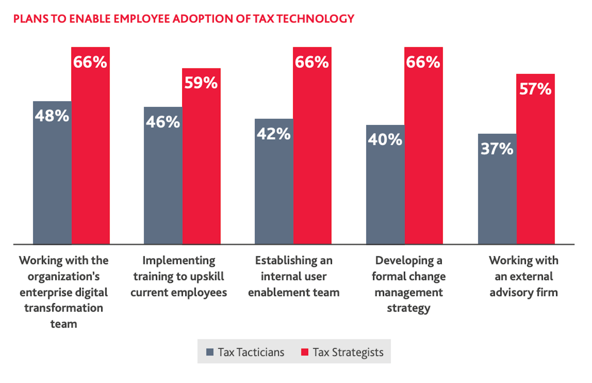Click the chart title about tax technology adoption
point(183,19)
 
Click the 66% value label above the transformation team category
point(90,62)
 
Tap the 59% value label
point(201,83)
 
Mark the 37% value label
point(497,149)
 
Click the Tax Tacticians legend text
point(251,353)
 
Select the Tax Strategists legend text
point(348,353)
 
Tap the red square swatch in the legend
point(305,352)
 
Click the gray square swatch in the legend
point(210,352)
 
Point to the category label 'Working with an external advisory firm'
point(523,276)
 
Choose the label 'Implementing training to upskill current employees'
point(179,276)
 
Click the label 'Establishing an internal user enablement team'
point(294,276)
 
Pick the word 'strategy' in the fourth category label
point(409,308)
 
